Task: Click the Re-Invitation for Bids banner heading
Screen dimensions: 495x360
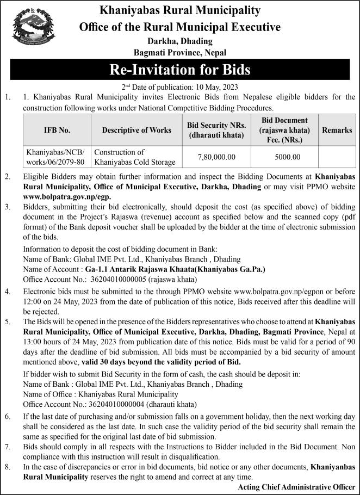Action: [x=179, y=70]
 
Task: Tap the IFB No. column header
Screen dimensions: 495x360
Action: [x=57, y=131]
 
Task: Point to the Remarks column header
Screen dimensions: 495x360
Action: [x=337, y=131]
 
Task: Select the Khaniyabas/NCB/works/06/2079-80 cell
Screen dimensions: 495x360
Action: [x=57, y=157]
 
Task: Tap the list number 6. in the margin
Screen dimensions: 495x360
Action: [x=8, y=416]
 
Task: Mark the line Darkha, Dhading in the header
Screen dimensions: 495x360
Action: [x=179, y=41]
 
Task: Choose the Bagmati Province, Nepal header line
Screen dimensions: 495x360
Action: [x=179, y=52]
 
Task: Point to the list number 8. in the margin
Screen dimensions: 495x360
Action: [x=8, y=466]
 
